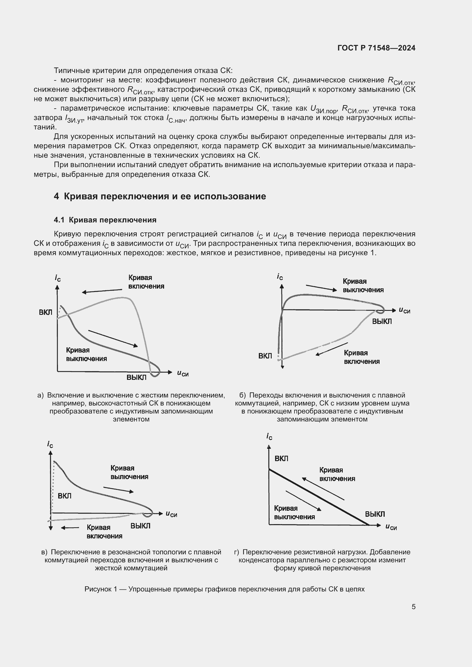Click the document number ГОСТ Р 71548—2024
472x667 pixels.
pyautogui.click(x=376, y=48)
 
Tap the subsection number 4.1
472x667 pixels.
pyautogui.click(x=59, y=220)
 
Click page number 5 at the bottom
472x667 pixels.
pyautogui.click(x=413, y=607)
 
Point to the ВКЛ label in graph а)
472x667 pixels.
pyautogui.click(x=46, y=312)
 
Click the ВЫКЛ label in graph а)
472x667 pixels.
pyautogui.click(x=136, y=377)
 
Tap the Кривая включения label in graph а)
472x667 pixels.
pyautogui.click(x=146, y=282)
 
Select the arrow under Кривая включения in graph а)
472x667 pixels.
pyautogui.click(x=102, y=291)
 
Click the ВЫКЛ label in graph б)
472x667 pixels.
pyautogui.click(x=382, y=321)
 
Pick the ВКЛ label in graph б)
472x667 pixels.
pyautogui.click(x=265, y=356)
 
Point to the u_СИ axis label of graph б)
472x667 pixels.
pyautogui.click(x=404, y=310)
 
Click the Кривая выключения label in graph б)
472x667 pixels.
pyautogui.click(x=363, y=285)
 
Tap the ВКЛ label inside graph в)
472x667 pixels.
pyautogui.click(x=64, y=496)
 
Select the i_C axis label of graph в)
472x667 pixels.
pyautogui.click(x=50, y=444)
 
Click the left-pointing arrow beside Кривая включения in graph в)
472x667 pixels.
pyautogui.click(x=70, y=528)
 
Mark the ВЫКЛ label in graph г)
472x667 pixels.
pyautogui.click(x=375, y=514)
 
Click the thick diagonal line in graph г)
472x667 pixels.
pyautogui.click(x=318, y=497)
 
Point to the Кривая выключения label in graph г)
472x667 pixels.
pyautogui.click(x=294, y=512)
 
